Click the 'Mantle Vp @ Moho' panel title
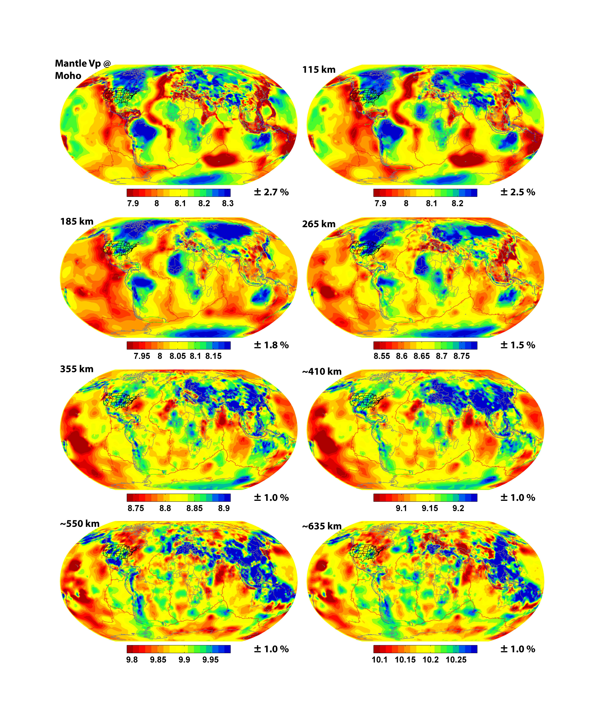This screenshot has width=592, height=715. point(83,70)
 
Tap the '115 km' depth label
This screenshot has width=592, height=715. point(319,70)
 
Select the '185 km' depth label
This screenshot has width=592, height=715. point(77,222)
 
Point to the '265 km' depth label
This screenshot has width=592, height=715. point(319,224)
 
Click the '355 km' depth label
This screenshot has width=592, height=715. point(77,369)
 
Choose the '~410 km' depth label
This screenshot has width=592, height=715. point(322,371)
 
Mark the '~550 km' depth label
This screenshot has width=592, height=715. point(80,524)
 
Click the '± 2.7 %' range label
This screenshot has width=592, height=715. point(271,192)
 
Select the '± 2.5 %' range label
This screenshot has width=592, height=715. point(518,192)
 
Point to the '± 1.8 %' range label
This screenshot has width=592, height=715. point(271,345)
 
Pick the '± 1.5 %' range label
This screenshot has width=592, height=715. point(518,345)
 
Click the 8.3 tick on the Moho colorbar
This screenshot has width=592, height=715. point(228,204)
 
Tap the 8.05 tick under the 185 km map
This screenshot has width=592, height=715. point(178,356)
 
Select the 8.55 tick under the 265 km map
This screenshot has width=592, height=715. point(382,356)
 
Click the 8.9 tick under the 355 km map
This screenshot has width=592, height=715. point(224,508)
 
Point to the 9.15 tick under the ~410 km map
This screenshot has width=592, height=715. point(430,508)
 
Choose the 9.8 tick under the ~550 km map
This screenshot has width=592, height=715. point(132,660)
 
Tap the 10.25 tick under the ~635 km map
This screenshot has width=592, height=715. point(456,660)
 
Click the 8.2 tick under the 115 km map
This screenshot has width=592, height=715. point(457,204)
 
